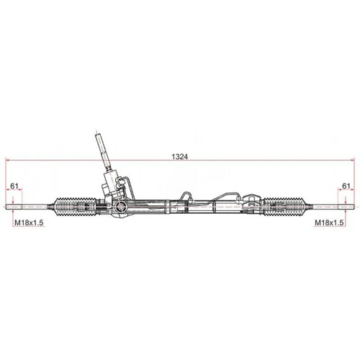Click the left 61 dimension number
(x=14, y=186)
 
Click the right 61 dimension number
(x=346, y=186)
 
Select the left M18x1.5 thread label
(x=30, y=224)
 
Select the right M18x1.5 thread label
(x=330, y=224)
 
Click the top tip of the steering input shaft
(x=99, y=134)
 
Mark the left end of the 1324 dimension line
(x=6, y=159)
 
